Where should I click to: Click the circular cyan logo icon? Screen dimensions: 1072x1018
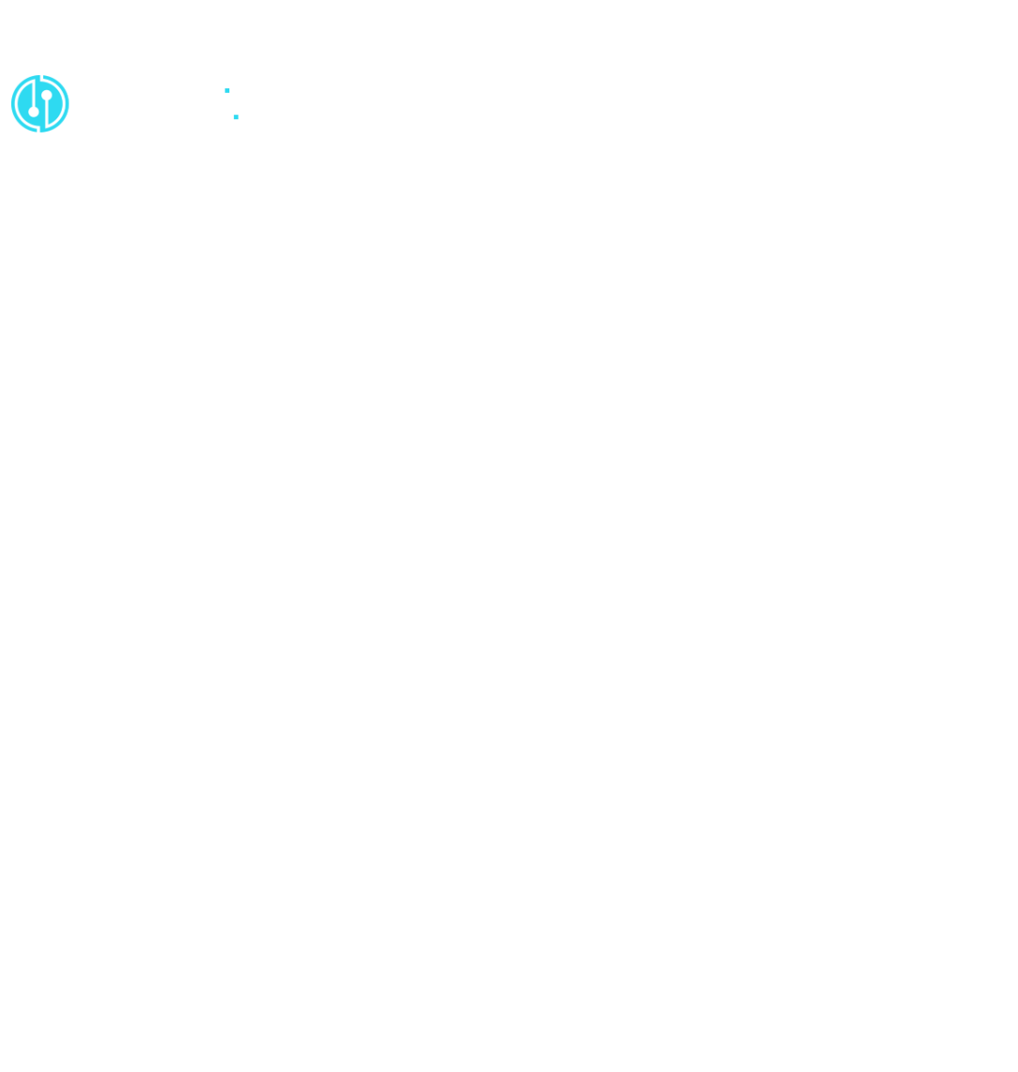click(39, 103)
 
